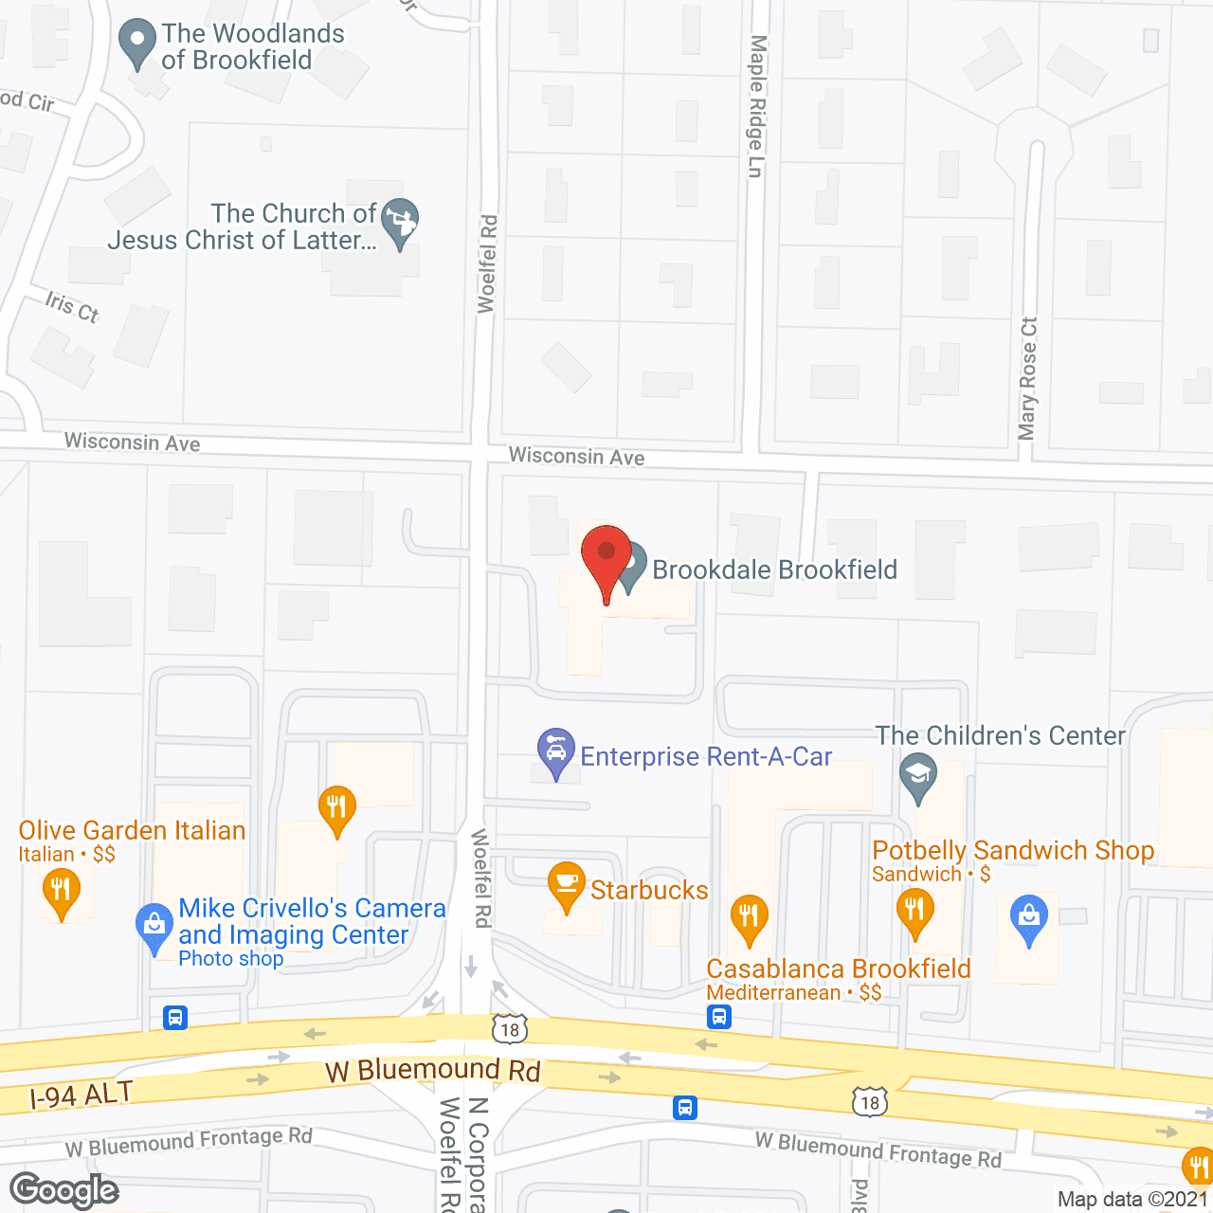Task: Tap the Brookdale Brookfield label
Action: coord(774,570)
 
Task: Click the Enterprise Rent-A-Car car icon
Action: coord(556,751)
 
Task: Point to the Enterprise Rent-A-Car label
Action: coord(706,756)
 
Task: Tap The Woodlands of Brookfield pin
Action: coord(137,43)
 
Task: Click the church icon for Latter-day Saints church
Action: coord(400,222)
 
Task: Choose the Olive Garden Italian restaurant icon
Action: coord(62,892)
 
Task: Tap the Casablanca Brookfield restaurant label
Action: coord(839,969)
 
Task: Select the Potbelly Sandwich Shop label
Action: coord(1013,851)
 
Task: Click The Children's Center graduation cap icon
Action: coord(917,776)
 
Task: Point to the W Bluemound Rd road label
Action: coord(432,1071)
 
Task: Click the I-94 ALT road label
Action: coord(81,1095)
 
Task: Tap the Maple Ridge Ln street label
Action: coord(756,106)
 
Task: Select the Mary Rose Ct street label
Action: coord(1028,378)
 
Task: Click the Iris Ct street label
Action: coord(72,307)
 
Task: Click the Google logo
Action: coord(64,1190)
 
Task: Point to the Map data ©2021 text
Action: coord(1132,1199)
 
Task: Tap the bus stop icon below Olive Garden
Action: coord(175,1018)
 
